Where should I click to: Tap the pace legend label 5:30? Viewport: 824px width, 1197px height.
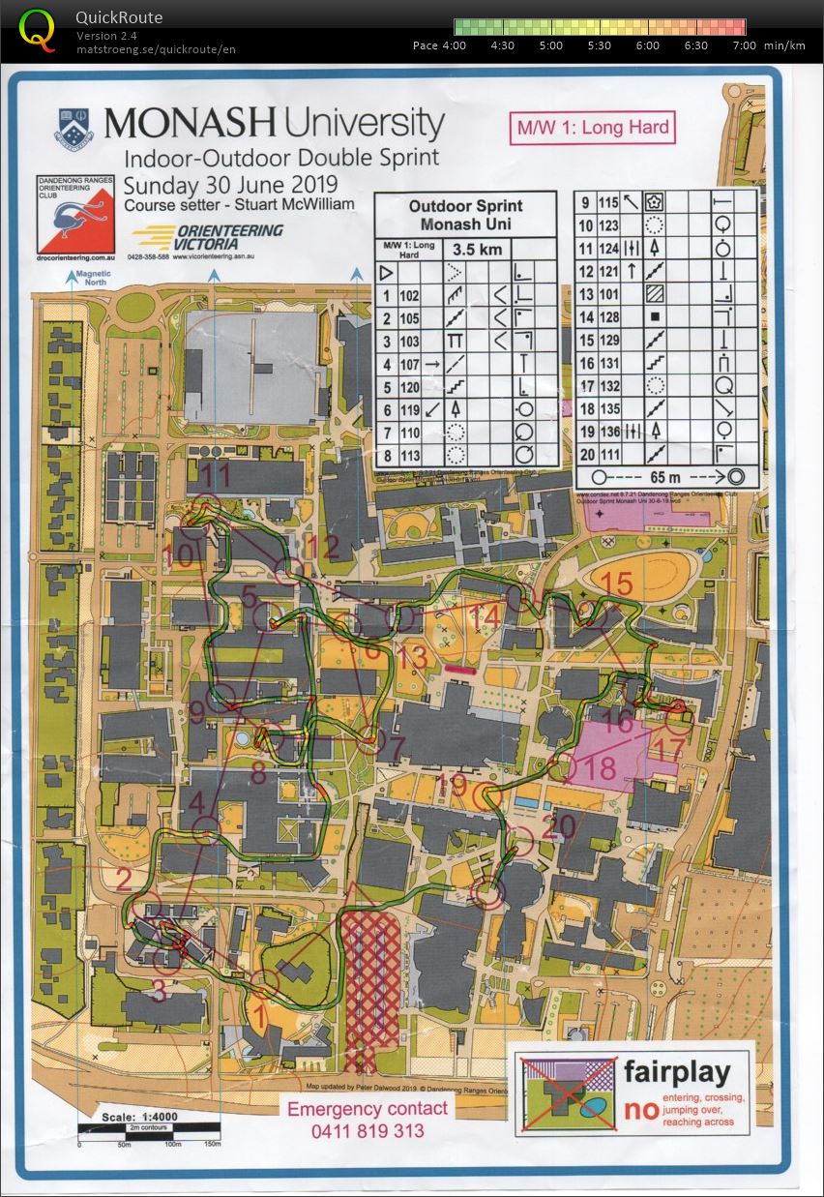(600, 45)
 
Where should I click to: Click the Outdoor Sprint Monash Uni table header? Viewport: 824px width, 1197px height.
(465, 214)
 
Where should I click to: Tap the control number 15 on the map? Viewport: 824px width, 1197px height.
(617, 583)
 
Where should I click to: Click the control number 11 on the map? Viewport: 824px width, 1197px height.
(215, 475)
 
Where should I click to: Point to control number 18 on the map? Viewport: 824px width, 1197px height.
(601, 769)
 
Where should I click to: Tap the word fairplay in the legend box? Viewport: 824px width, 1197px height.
(686, 1071)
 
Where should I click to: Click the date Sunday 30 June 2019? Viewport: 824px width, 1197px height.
(230, 183)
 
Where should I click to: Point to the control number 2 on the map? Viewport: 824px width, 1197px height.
(124, 879)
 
